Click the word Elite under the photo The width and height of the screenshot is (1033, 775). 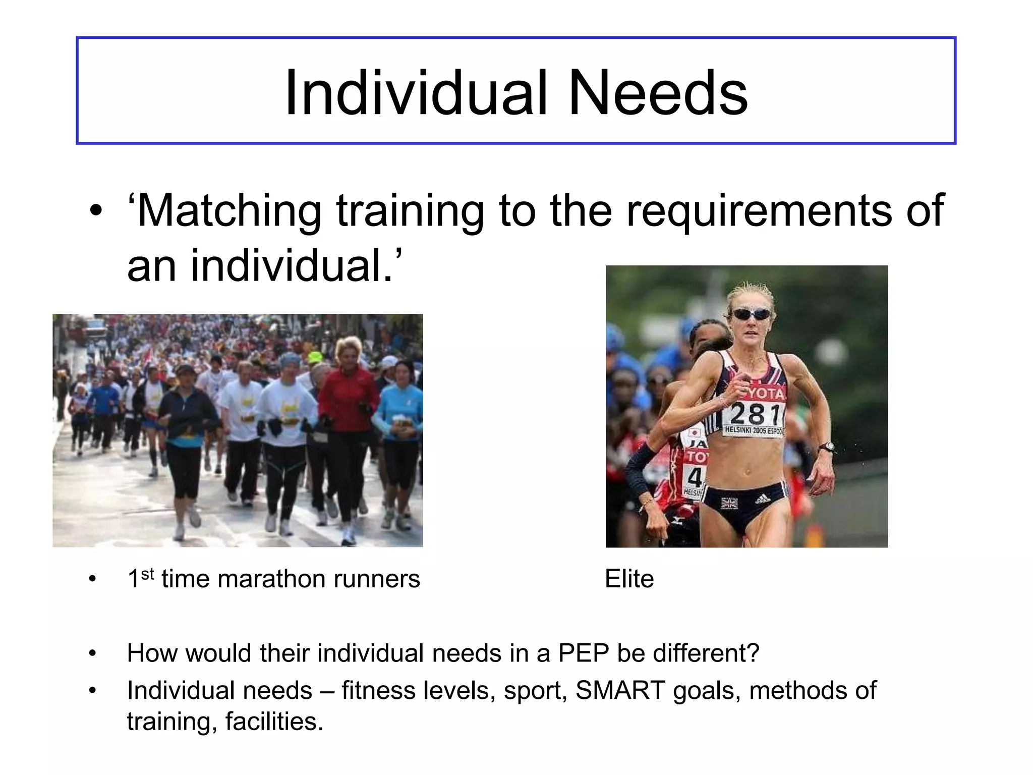[629, 579]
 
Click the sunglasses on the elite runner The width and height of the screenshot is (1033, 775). [751, 314]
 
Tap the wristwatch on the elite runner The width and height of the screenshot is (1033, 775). [826, 447]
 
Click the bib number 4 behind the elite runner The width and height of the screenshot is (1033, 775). [695, 476]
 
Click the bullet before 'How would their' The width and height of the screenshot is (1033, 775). [92, 653]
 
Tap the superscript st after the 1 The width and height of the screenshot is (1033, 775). [147, 574]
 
